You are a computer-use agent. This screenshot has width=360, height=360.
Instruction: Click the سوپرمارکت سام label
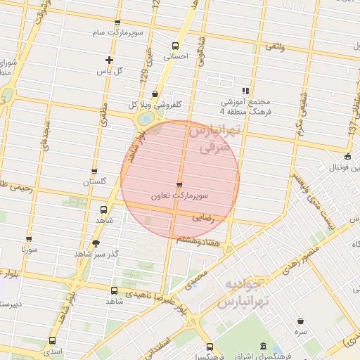[x=115, y=33]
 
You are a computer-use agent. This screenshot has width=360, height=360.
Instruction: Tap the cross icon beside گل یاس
[x=109, y=60]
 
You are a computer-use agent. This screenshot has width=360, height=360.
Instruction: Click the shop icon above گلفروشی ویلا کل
[x=155, y=94]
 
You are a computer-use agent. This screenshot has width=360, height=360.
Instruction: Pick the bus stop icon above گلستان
[x=94, y=172]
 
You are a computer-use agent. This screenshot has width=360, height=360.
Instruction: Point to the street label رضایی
[x=202, y=218]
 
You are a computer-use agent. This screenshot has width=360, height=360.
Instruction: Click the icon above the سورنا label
[x=29, y=239]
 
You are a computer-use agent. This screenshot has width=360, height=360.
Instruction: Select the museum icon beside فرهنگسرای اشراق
[x=263, y=347]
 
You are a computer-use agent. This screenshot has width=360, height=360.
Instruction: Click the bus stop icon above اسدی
[x=52, y=340]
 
